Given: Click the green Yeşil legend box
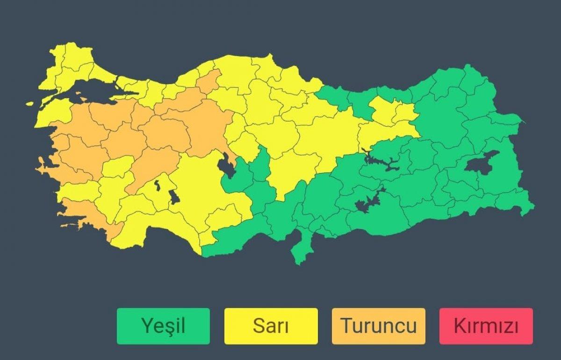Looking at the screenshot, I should click(x=163, y=326).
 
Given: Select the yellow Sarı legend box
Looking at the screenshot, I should click(x=271, y=326).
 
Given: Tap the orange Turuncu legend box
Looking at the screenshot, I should click(x=378, y=326).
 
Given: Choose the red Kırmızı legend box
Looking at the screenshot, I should click(x=486, y=326).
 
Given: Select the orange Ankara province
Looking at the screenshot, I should click(x=206, y=126).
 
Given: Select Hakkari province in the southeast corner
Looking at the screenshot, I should click(x=514, y=201).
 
